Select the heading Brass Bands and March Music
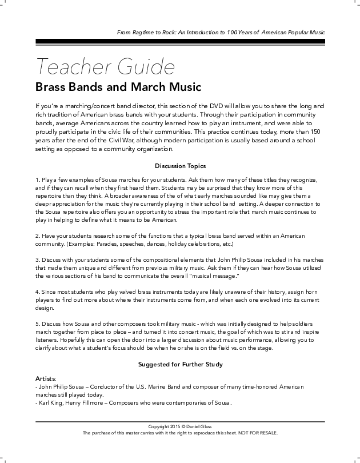(118, 88)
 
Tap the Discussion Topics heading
(180, 166)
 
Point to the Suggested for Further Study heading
(180, 364)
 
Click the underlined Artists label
(46, 378)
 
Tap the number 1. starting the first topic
(37, 179)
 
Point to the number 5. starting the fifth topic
(37, 324)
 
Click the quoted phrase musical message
(214, 276)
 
